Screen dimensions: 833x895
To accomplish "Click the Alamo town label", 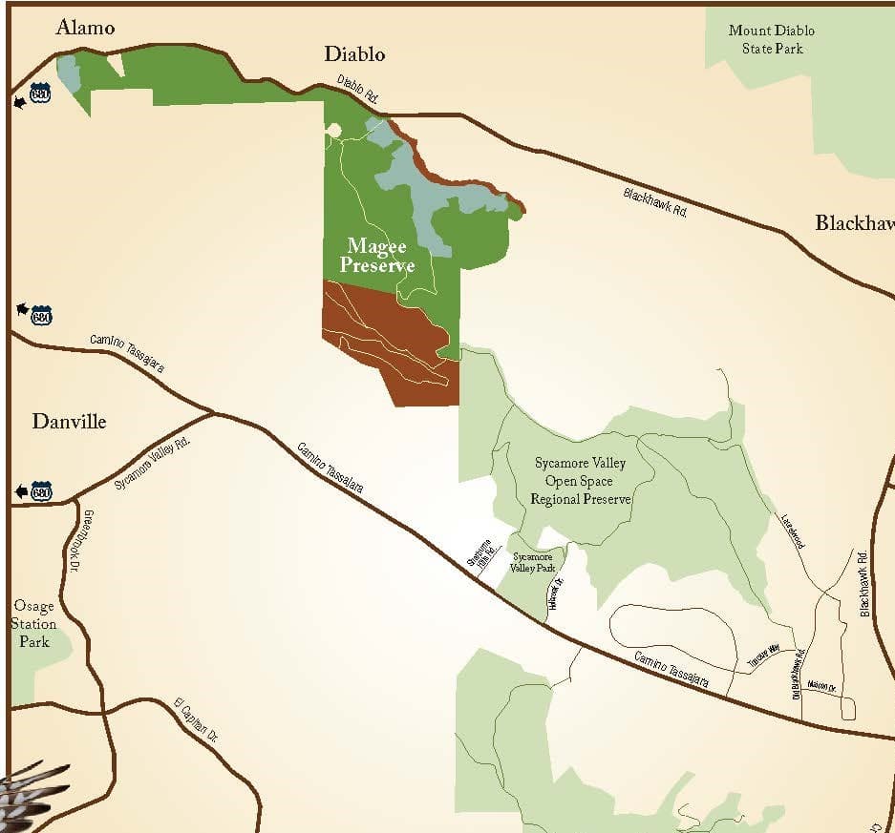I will [x=85, y=27].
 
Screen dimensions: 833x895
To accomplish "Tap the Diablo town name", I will [x=354, y=54].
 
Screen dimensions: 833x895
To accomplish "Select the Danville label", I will [x=69, y=421].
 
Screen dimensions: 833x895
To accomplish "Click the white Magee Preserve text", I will [x=377, y=257].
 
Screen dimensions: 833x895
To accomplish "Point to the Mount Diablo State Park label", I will [x=772, y=39].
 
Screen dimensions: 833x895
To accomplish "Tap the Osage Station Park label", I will [x=33, y=624].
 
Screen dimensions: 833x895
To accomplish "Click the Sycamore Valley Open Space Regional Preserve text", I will [x=581, y=481].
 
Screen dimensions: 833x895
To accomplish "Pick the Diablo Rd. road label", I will [x=359, y=92].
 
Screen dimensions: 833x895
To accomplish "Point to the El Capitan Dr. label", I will [x=196, y=720].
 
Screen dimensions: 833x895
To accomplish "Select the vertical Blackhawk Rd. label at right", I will [x=863, y=583].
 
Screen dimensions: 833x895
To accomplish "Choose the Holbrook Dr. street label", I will [x=558, y=595].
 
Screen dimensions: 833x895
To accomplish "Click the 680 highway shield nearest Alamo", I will [x=39, y=93].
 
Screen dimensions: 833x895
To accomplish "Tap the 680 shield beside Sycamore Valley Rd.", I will [x=40, y=491].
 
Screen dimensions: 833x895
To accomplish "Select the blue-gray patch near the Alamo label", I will [x=69, y=72].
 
